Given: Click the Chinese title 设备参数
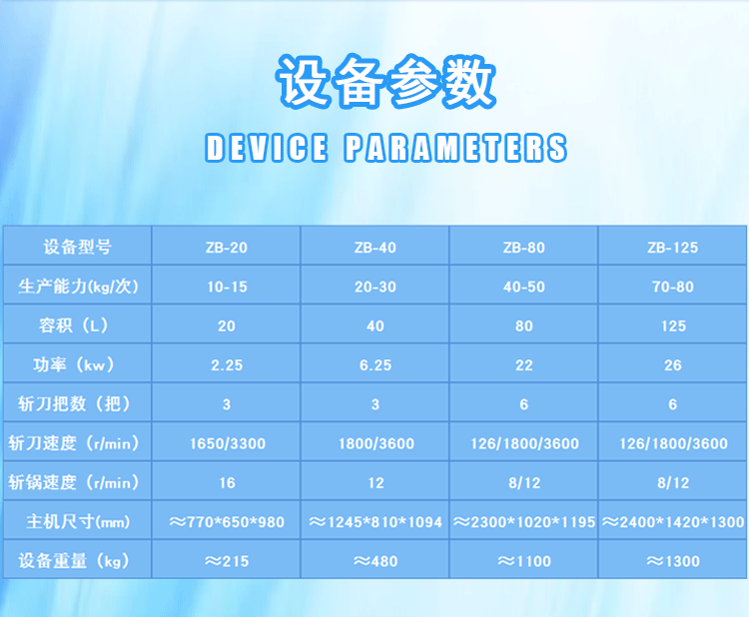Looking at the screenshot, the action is point(385,82).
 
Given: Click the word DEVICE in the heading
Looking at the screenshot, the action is point(267,148).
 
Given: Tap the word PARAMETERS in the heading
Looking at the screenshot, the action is point(455,148).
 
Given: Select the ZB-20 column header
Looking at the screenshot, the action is point(227,248).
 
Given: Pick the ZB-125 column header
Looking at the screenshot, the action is point(672,248).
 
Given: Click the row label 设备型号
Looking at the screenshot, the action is point(77,247).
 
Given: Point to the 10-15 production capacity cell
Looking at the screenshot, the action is point(227,287).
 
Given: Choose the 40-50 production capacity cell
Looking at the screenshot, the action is point(524,287).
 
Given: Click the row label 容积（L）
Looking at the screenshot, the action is point(74,325).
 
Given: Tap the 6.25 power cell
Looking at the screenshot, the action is point(375,365).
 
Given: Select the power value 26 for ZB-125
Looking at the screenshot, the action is point(672,365).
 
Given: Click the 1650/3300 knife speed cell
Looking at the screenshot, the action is point(228,443).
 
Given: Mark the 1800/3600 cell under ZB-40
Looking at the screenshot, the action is point(376,443).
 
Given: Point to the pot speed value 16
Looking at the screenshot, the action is point(227,483).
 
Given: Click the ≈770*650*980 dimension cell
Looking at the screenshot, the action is point(227,522).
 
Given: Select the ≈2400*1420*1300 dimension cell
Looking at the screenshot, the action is point(673,522).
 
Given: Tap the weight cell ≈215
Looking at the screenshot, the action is point(227,561).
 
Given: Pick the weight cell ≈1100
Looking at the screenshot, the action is point(524,561).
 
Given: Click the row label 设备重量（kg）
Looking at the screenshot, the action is point(74,561).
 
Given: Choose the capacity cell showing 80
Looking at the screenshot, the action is point(524,326).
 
